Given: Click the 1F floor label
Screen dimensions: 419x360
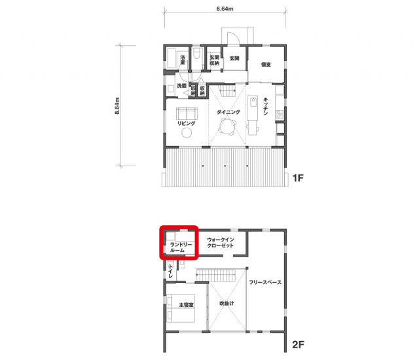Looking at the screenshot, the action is coord(298,178).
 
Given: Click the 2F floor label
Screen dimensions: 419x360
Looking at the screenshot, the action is coord(298,344).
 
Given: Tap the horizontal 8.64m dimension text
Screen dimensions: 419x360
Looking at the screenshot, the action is coord(225,9).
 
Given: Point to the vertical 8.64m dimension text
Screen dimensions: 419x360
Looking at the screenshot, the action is coord(117,106).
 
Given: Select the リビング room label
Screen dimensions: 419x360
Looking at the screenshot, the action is coord(186,123).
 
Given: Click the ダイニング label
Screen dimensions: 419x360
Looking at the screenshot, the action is coord(228,112).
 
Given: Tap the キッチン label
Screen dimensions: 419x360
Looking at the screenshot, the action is coord(266,106).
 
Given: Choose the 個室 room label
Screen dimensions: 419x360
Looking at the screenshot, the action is coord(266,65).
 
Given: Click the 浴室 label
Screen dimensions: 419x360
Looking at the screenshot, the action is coord(183,60).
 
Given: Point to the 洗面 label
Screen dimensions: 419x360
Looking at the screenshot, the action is coord(181,86).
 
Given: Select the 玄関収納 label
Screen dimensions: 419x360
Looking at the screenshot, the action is coord(214,60).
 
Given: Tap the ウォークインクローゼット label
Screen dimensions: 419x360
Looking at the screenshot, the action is coord(221,243).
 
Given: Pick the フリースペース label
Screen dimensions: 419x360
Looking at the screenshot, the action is coord(265,282).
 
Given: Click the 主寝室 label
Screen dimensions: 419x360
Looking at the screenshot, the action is coord(186,305).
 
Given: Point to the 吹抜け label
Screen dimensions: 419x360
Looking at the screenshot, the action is coord(227,304).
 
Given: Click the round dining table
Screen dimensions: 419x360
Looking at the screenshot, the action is coord(227,127).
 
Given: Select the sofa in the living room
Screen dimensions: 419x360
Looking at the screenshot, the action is coord(187,113).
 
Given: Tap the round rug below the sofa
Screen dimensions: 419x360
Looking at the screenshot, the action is coord(187,132).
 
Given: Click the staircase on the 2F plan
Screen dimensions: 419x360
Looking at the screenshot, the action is coord(216,276).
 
